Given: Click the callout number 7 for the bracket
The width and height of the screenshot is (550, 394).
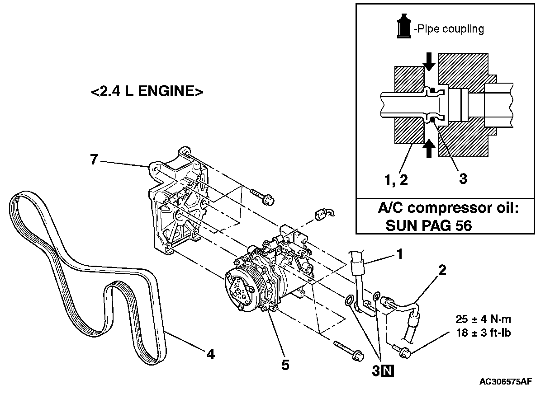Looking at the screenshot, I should pos(94,159).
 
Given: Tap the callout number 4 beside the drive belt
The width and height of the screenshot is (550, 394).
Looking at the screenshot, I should pos(210,354).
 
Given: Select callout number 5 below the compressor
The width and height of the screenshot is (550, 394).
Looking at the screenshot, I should pos(285,364).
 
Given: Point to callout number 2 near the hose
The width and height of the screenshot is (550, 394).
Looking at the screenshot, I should pos(442,271).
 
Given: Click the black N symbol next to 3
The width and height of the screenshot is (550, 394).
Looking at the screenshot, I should pos(388,371).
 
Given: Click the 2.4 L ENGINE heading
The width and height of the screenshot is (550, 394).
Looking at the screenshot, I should pos(147,92).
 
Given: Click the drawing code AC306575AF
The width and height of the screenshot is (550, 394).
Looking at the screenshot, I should pos(506,382).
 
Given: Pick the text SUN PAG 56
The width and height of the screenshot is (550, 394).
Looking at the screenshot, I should pos(428,225).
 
